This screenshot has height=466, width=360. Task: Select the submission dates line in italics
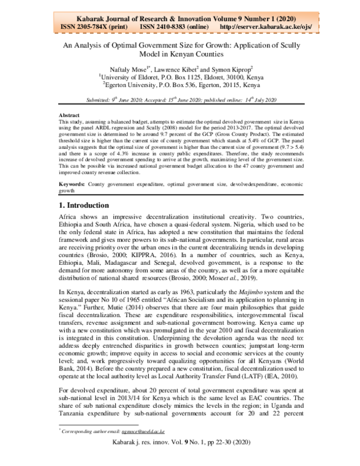click(179, 99)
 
